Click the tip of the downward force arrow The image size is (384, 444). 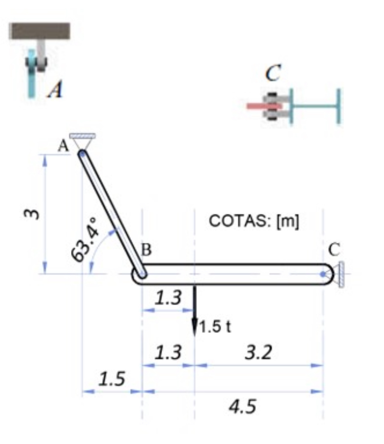pyautogui.click(x=194, y=336)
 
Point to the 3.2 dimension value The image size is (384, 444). pyautogui.click(x=258, y=352)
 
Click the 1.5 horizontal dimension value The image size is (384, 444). pyautogui.click(x=111, y=379)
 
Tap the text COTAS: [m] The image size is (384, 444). pyautogui.click(x=254, y=221)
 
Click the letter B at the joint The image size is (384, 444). pyautogui.click(x=147, y=250)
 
